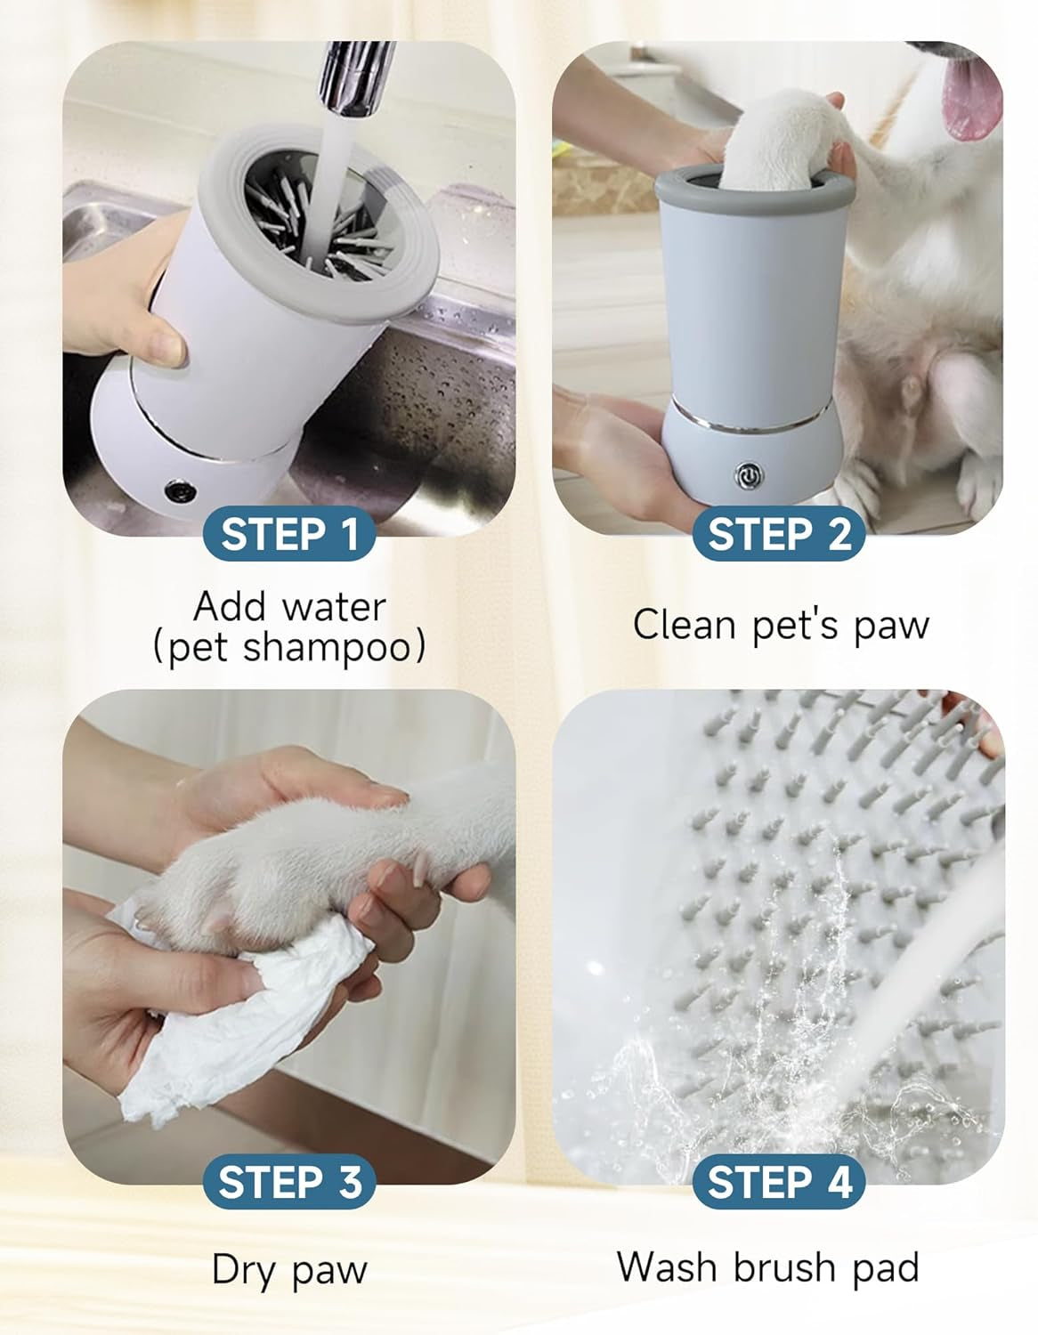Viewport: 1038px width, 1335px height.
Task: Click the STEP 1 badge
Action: [288, 534]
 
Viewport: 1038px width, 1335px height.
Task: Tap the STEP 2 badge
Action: [779, 534]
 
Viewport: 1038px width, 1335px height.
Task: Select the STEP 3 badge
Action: [288, 1182]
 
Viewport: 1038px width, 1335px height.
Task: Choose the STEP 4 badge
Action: [779, 1182]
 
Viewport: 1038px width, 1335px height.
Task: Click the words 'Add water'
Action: [289, 607]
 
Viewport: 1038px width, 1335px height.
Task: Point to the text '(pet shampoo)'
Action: [289, 647]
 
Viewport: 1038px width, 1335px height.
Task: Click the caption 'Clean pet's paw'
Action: [780, 625]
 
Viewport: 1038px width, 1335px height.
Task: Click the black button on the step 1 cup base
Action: [181, 489]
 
